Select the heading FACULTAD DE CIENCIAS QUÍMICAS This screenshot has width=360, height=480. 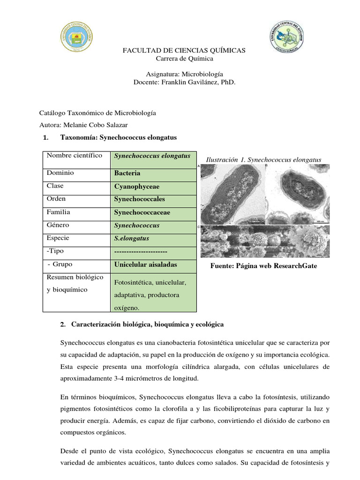(184, 50)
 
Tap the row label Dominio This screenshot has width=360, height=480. (60, 173)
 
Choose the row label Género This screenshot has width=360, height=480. (58, 225)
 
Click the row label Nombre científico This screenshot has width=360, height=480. (74, 156)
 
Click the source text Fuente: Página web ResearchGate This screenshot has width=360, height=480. (264, 266)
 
